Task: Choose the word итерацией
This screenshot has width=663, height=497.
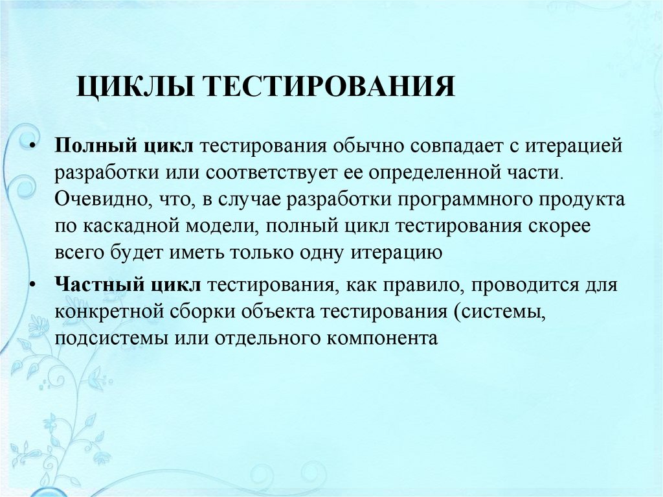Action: [x=580, y=145]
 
